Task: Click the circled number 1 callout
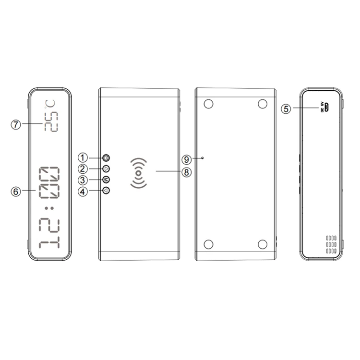pyautogui.click(x=84, y=157)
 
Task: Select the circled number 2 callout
pyautogui.click(x=84, y=168)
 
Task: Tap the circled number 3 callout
pyautogui.click(x=84, y=180)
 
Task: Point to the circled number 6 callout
pyautogui.click(x=16, y=191)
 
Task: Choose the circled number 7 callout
pyautogui.click(x=16, y=124)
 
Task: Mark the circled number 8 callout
pyautogui.click(x=187, y=171)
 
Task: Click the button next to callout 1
pyautogui.click(x=106, y=157)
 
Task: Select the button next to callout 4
pyautogui.click(x=106, y=191)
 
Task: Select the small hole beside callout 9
pyautogui.click(x=203, y=157)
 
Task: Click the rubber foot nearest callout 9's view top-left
pyautogui.click(x=208, y=104)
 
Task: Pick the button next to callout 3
pyautogui.click(x=106, y=180)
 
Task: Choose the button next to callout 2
pyautogui.click(x=106, y=168)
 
